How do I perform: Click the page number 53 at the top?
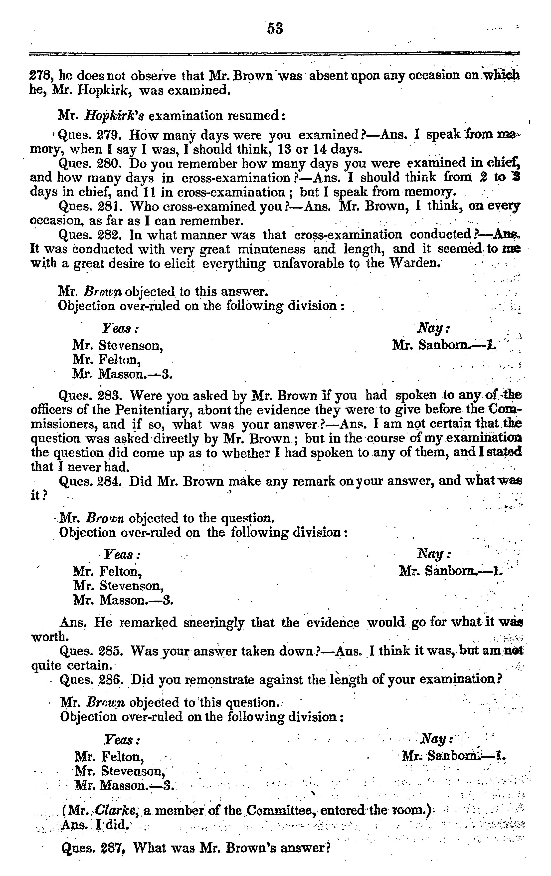275,28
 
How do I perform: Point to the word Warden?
415,263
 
